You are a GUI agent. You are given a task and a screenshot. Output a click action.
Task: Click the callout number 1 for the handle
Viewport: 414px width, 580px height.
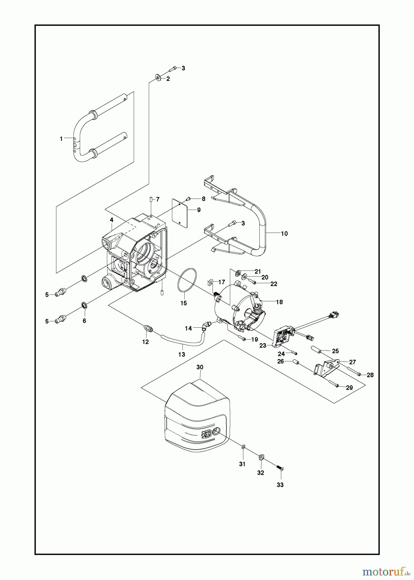click(61, 139)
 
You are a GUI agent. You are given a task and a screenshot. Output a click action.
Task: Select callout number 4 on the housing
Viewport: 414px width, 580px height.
click(111, 220)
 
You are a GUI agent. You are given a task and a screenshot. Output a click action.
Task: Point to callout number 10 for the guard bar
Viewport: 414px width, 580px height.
click(284, 233)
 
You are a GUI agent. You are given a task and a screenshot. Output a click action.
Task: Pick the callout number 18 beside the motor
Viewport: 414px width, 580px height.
click(279, 302)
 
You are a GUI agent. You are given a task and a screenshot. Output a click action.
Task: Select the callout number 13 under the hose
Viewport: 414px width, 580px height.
click(182, 354)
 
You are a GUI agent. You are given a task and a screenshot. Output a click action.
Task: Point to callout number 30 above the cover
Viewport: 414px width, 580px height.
click(200, 367)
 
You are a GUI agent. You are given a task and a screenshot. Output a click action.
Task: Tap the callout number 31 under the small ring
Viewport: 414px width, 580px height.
click(242, 464)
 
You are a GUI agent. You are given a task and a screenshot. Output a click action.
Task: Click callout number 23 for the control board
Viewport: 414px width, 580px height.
click(263, 345)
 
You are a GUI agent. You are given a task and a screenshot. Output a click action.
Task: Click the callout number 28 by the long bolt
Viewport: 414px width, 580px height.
click(370, 375)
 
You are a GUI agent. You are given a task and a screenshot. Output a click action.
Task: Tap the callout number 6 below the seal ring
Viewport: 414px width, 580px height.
click(84, 321)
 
